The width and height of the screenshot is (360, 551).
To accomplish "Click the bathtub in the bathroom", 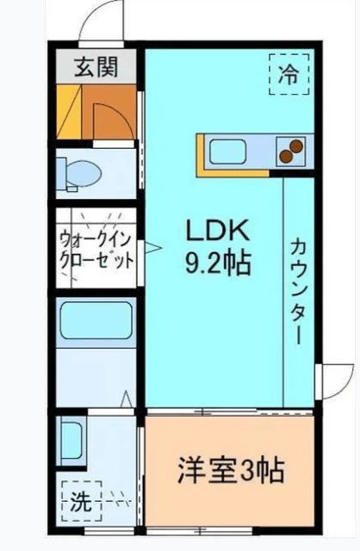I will pos(96,324).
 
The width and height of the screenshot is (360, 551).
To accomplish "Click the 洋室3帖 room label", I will pos(231,471).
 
